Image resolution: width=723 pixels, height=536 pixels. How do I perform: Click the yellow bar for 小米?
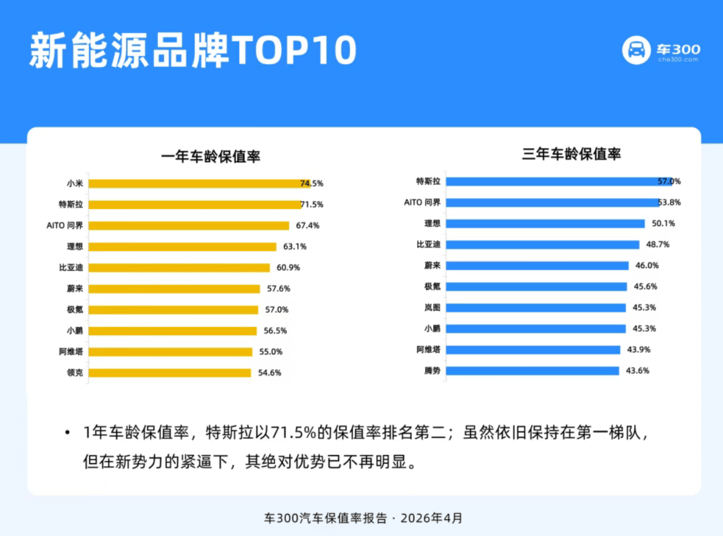[x=199, y=184]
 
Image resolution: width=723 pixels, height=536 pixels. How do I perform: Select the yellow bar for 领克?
[x=169, y=373]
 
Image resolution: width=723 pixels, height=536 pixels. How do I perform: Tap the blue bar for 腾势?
[x=533, y=371]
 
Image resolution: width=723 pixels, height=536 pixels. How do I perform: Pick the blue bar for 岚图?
[x=536, y=308]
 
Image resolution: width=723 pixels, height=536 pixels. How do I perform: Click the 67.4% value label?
[x=307, y=225]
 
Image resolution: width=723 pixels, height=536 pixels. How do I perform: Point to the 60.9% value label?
[x=288, y=267]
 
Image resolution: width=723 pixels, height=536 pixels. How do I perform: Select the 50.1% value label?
[x=663, y=224]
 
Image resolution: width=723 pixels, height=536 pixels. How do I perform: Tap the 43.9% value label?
[x=639, y=350]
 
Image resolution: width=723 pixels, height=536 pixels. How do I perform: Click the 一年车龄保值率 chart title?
[x=211, y=157]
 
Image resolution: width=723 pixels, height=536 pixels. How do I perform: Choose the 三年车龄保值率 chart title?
[x=571, y=153]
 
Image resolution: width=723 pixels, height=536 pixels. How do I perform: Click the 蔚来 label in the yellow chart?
[x=75, y=289]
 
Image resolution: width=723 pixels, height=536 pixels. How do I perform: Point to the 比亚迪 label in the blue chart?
[x=428, y=245]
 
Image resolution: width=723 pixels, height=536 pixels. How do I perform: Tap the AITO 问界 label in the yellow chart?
[x=64, y=225]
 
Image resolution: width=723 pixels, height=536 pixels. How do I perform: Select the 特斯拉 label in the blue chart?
[x=428, y=182]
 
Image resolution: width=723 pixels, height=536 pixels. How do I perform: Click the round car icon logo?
[x=637, y=50]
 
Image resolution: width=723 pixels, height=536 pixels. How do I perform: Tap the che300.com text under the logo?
[x=678, y=60]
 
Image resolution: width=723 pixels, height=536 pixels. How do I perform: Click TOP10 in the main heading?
[x=294, y=50]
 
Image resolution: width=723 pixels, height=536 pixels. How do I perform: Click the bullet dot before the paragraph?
[x=68, y=433]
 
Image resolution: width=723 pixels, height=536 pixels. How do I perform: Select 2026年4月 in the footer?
[x=431, y=518]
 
